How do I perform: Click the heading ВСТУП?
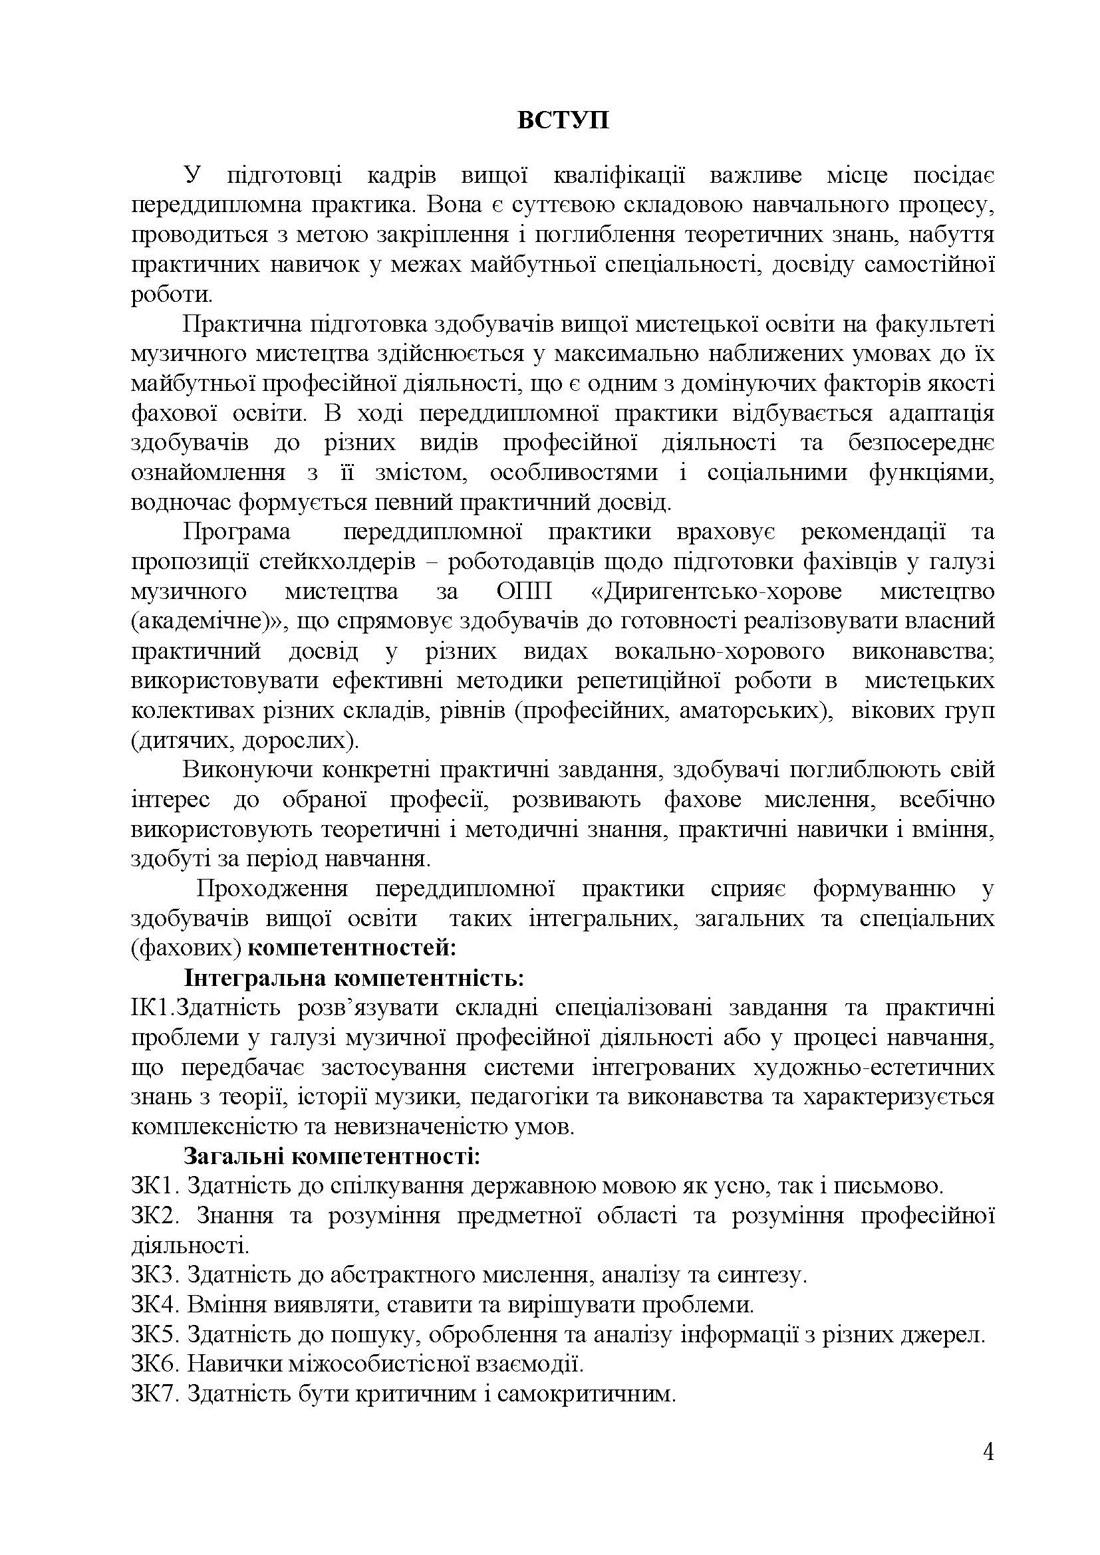(x=563, y=120)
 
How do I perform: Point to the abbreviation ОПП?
(x=519, y=592)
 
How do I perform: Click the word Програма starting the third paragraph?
(x=235, y=533)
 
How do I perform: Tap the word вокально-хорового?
(x=720, y=652)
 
